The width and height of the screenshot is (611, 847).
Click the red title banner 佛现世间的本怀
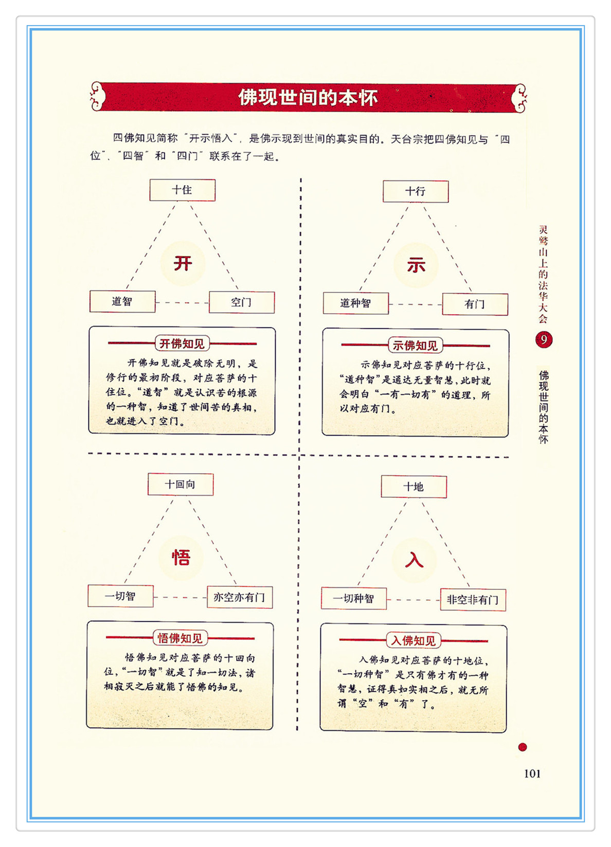coord(308,97)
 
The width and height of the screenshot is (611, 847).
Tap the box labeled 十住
coord(182,190)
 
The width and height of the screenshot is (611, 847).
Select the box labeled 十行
coord(416,192)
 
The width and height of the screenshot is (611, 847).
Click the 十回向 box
coord(181,484)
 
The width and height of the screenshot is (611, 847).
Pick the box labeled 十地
coord(414,487)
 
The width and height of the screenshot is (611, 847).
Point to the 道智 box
coord(122,302)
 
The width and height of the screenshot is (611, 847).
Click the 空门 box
coord(242,302)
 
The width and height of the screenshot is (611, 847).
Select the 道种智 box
coord(355,303)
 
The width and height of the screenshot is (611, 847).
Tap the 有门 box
coord(475,304)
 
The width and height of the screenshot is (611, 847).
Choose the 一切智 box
coord(120,597)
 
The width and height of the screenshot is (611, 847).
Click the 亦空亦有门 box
coord(240,598)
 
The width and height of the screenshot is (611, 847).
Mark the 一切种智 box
coord(353,599)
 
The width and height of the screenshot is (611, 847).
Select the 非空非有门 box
coord(473,600)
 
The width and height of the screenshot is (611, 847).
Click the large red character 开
coord(183,264)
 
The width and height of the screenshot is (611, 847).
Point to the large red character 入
coord(414,560)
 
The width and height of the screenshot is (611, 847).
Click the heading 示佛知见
coord(415,346)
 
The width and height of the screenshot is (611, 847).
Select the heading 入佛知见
coord(413,641)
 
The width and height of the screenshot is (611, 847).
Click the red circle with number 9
coord(544,340)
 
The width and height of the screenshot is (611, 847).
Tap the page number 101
coord(532,773)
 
